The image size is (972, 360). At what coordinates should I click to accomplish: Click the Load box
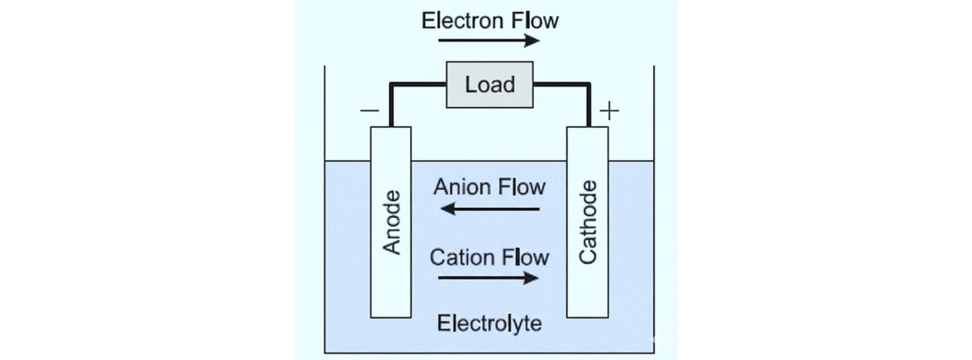coord(490,85)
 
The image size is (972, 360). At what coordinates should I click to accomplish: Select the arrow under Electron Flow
coord(490,41)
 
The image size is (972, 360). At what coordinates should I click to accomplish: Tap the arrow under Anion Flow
coord(490,211)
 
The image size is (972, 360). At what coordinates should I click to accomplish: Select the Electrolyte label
coord(490,323)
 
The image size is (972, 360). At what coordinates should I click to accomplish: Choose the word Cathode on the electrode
coord(588,222)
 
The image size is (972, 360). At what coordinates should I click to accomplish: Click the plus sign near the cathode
coord(609,112)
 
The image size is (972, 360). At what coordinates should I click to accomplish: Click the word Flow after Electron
coord(533,20)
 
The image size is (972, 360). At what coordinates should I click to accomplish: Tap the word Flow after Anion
coord(523,187)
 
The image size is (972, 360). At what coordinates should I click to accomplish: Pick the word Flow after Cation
coord(525,257)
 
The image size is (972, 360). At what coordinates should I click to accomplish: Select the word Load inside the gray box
coord(490,85)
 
